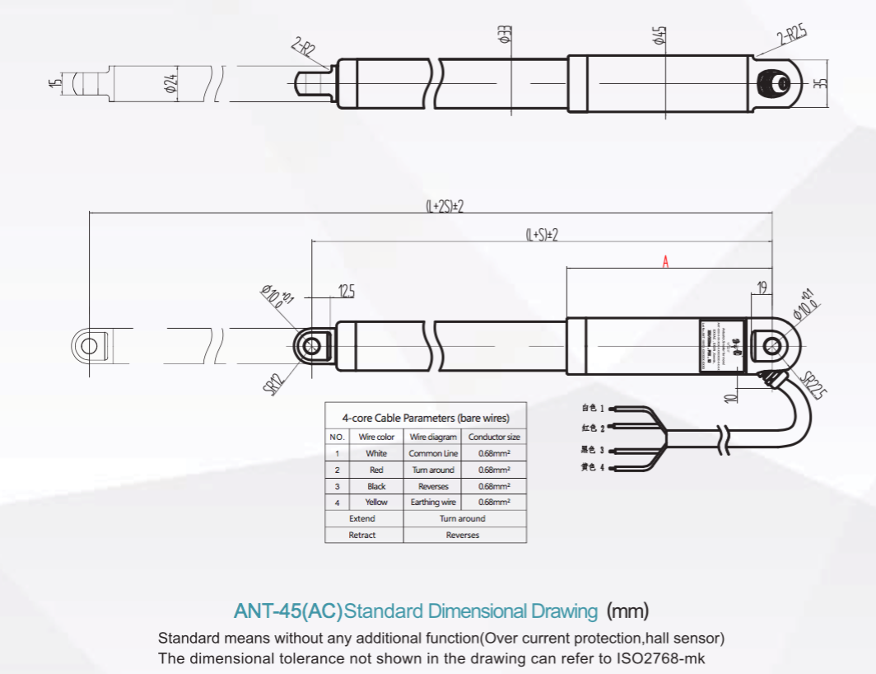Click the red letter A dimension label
pyautogui.click(x=666, y=262)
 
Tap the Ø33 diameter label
pyautogui.click(x=505, y=35)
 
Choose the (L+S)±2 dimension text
pyautogui.click(x=542, y=235)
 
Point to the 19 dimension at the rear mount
pyautogui.click(x=762, y=287)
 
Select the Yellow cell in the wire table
pyautogui.click(x=376, y=502)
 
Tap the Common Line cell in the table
pyautogui.click(x=433, y=453)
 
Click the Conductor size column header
pyautogui.click(x=494, y=437)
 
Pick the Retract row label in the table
pyautogui.click(x=362, y=535)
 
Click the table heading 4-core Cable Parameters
pyautogui.click(x=426, y=418)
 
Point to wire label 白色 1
pyautogui.click(x=592, y=408)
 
